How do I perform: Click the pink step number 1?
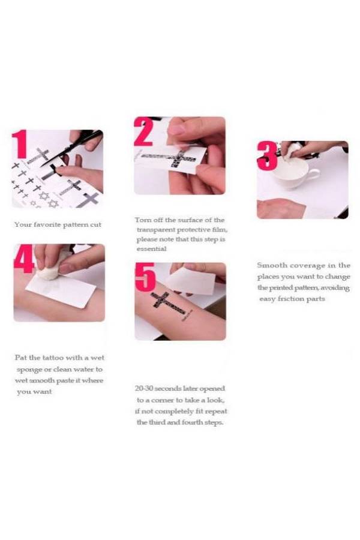tap(19, 144)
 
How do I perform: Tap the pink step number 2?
tap(143, 131)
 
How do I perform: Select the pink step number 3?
tap(267, 155)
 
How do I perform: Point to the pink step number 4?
tap(24, 258)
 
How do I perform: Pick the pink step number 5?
tap(145, 277)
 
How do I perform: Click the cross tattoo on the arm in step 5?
tap(169, 305)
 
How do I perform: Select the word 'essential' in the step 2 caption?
tap(151, 249)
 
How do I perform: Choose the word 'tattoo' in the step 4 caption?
tap(53, 358)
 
